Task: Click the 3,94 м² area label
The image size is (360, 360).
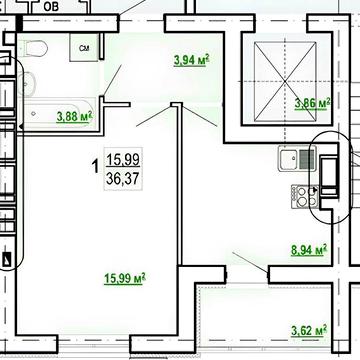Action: (191, 60)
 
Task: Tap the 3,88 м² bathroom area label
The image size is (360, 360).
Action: (74, 117)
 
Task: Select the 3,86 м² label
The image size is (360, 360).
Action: (312, 104)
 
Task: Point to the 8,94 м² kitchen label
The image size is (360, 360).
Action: (309, 250)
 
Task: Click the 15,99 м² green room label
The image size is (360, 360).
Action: (125, 279)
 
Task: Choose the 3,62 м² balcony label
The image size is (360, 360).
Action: (309, 331)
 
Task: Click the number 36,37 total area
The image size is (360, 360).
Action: (123, 179)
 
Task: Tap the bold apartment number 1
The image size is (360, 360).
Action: (95, 166)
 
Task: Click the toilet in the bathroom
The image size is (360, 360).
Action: (31, 49)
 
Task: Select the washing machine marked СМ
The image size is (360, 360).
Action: (84, 48)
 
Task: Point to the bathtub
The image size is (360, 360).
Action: (56, 113)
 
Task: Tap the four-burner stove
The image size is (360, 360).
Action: (305, 197)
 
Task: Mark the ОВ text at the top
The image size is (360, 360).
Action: (51, 7)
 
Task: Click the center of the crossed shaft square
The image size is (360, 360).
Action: (285, 81)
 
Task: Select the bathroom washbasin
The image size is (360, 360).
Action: (26, 83)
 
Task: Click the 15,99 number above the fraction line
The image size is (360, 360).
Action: (123, 160)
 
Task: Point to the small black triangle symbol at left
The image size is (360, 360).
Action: (7, 259)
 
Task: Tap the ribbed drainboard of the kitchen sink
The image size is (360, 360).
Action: (307, 159)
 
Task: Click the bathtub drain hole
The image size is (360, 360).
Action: (33, 114)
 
